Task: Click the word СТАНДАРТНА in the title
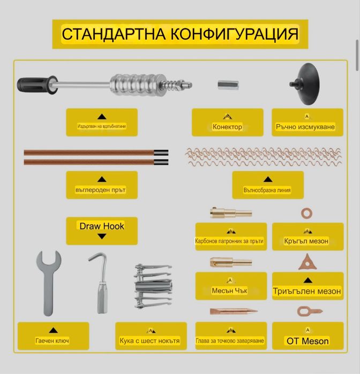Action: coord(114,34)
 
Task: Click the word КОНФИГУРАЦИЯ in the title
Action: coord(234,34)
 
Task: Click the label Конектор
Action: coord(227,127)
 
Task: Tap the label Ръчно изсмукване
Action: coord(306,127)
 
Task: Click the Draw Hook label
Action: coord(102,226)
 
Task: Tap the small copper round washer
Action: coord(307,213)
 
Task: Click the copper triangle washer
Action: coord(307,262)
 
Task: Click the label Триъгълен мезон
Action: coord(307,291)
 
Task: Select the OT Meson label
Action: coord(307,341)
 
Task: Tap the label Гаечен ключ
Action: coord(52,341)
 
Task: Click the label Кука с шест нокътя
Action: coord(150,341)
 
